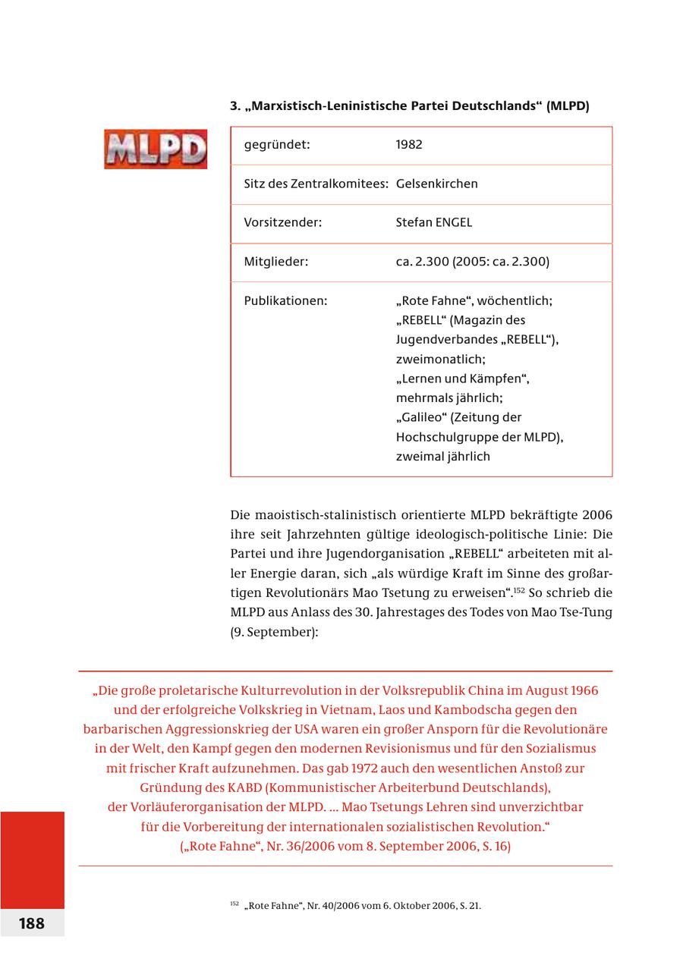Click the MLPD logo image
pyautogui.click(x=156, y=149)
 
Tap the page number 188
pyautogui.click(x=32, y=923)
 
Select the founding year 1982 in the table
pyautogui.click(x=409, y=144)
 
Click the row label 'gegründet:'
pyautogui.click(x=277, y=144)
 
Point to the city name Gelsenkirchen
pyautogui.click(x=436, y=184)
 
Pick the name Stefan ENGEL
pyautogui.click(x=433, y=222)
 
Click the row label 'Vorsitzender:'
pyautogui.click(x=283, y=222)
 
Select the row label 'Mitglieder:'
pyautogui.click(x=276, y=262)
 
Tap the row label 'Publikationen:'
pyautogui.click(x=285, y=300)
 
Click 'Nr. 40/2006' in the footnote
pyautogui.click(x=332, y=906)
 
